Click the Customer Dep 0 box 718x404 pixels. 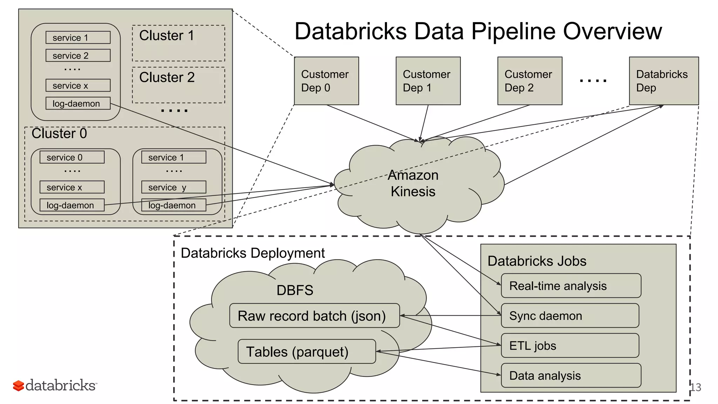(326, 81)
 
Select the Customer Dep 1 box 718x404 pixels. (428, 81)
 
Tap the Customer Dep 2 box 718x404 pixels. (529, 81)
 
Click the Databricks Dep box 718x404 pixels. (664, 81)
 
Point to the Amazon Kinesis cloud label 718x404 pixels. (413, 183)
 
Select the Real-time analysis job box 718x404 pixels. (571, 286)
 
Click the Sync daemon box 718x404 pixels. (570, 316)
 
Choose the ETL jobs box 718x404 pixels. (570, 345)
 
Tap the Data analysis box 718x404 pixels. (571, 375)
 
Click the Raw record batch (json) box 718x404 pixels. (314, 316)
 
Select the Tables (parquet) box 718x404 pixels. (306, 351)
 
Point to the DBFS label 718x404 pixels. (294, 290)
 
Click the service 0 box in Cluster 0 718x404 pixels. (72, 157)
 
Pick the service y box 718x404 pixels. (174, 187)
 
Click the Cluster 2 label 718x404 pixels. (167, 77)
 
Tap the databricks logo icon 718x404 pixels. (18, 385)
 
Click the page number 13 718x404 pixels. (696, 387)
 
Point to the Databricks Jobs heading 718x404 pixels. (536, 261)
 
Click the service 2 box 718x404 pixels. (78, 55)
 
